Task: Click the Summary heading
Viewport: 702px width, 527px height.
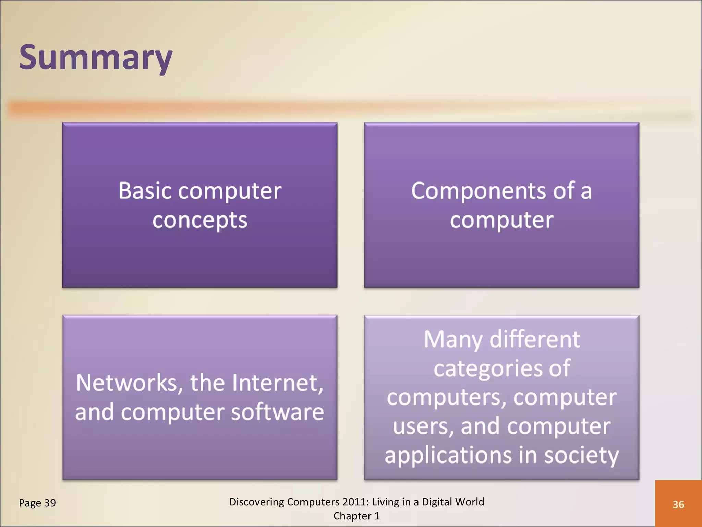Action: [x=96, y=57]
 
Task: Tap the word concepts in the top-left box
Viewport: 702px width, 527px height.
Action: [x=199, y=220]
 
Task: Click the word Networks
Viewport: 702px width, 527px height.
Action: [x=126, y=383]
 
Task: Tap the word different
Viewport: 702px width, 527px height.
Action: [x=535, y=340]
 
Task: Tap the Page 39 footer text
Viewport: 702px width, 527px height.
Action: [x=37, y=503]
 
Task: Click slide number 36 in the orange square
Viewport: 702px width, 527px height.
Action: [x=678, y=504]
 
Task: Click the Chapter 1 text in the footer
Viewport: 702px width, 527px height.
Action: [x=356, y=516]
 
